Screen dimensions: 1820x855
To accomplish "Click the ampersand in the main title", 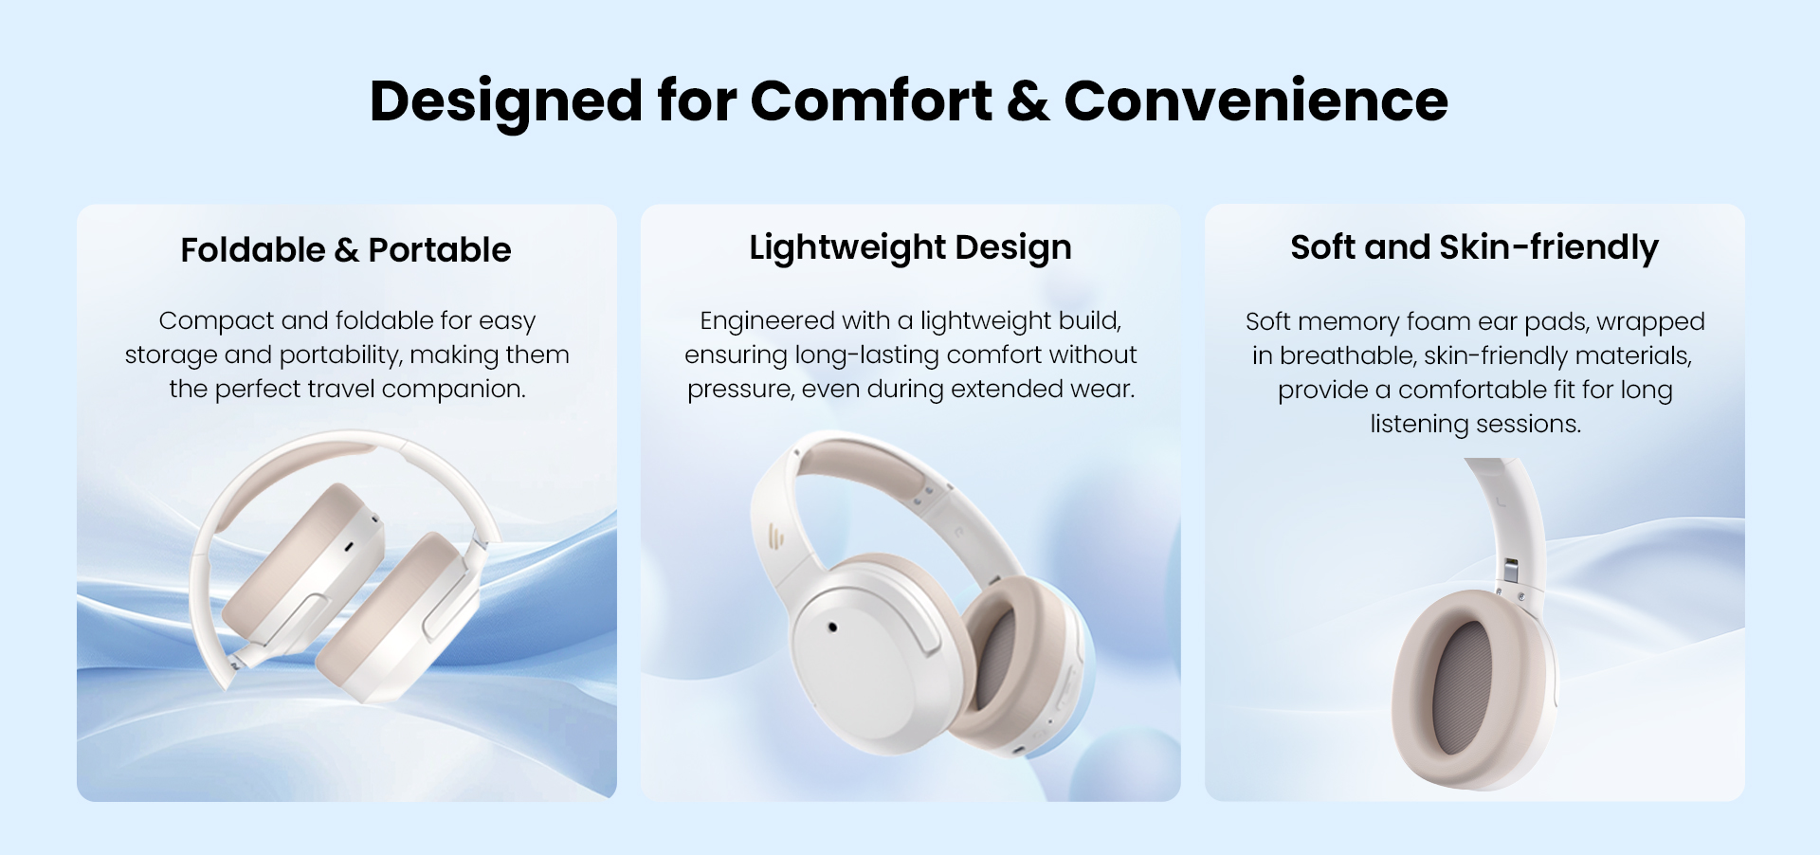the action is pos(1028,100).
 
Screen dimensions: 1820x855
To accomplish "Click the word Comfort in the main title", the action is pos(871,100).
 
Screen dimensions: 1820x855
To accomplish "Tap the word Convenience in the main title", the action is pos(1256,100).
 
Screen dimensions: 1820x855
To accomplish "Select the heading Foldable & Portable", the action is pos(346,250).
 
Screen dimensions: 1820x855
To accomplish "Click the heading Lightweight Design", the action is pos(910,248).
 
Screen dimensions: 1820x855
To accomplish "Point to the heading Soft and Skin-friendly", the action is pos(1474,247).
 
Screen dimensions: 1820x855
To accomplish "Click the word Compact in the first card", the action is pos(216,321).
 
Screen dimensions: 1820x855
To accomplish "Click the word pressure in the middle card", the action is pos(740,390).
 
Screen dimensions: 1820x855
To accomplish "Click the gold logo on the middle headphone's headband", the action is pos(777,538).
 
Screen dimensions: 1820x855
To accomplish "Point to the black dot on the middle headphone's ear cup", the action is pos(832,627).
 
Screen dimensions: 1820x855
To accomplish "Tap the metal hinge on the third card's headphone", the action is pos(1510,570).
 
